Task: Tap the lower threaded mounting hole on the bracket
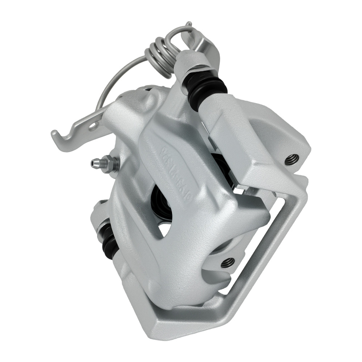[227, 261]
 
